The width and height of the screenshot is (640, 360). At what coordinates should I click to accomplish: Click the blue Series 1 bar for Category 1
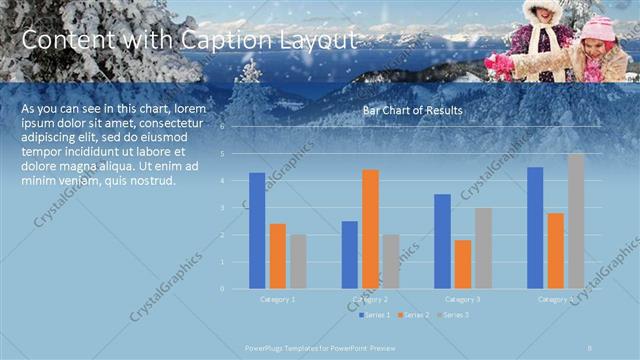[x=257, y=230]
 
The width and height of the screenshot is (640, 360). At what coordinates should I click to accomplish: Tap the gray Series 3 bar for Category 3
[x=482, y=248]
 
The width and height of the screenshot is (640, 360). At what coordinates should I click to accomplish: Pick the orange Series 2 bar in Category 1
[x=277, y=255]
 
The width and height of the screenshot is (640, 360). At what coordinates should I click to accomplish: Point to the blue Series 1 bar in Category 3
[x=442, y=241]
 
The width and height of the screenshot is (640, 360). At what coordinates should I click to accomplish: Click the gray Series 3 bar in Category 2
[x=390, y=261]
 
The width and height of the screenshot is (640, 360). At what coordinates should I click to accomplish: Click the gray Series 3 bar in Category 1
[x=297, y=261]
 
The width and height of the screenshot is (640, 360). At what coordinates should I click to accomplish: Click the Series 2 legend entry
[x=413, y=315]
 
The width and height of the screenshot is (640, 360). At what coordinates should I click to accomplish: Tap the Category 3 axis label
[x=462, y=299]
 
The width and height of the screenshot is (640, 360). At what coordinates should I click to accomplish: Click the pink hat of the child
[x=597, y=27]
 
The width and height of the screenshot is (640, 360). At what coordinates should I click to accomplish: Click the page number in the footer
[x=591, y=347]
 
